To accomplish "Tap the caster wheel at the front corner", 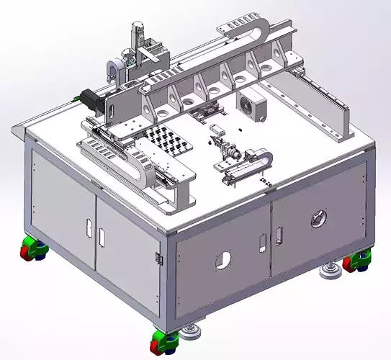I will coord(165,338).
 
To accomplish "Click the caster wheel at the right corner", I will coord(356,263).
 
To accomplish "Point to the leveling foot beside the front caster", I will coord(192,332).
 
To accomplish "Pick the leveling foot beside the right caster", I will coord(332,270).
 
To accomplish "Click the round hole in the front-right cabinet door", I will coord(223,260).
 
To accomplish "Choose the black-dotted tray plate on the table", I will coord(171,141).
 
